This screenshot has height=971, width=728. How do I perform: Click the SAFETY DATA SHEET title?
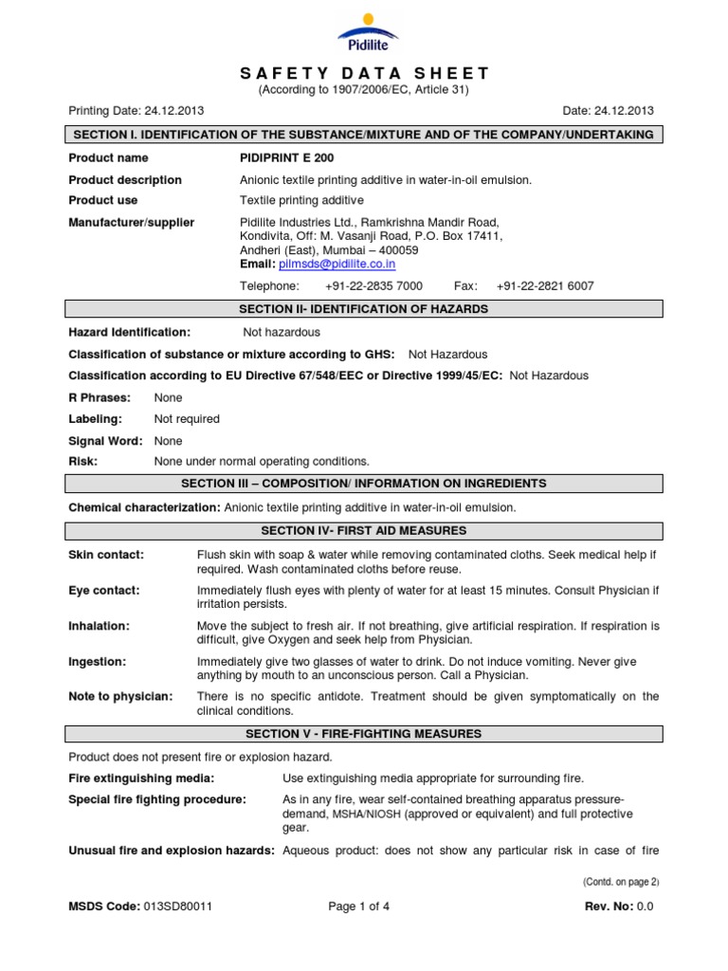tap(364, 73)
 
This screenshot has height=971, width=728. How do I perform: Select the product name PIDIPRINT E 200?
tap(287, 157)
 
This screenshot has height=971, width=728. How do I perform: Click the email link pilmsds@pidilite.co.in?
tap(337, 265)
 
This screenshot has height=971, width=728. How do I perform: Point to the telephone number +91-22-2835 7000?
tap(373, 285)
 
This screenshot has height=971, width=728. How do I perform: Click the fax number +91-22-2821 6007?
tap(545, 285)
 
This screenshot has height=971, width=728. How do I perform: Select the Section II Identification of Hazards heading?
tap(364, 309)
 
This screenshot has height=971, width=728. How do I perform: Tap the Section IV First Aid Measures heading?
tap(364, 531)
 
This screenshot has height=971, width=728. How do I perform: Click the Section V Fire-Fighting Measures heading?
tap(364, 734)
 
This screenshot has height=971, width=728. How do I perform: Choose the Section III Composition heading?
tap(364, 484)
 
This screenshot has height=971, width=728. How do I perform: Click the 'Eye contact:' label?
tap(104, 591)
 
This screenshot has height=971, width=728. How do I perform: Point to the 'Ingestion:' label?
tap(98, 662)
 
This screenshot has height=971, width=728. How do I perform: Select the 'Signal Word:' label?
tap(106, 441)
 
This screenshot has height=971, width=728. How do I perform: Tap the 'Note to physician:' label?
tap(120, 697)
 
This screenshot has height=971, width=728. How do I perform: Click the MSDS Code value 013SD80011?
tap(178, 907)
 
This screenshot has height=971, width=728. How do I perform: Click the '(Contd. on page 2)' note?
tap(621, 882)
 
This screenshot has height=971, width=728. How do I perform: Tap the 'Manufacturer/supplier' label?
tap(132, 223)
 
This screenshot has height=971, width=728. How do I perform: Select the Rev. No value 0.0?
tap(646, 907)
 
